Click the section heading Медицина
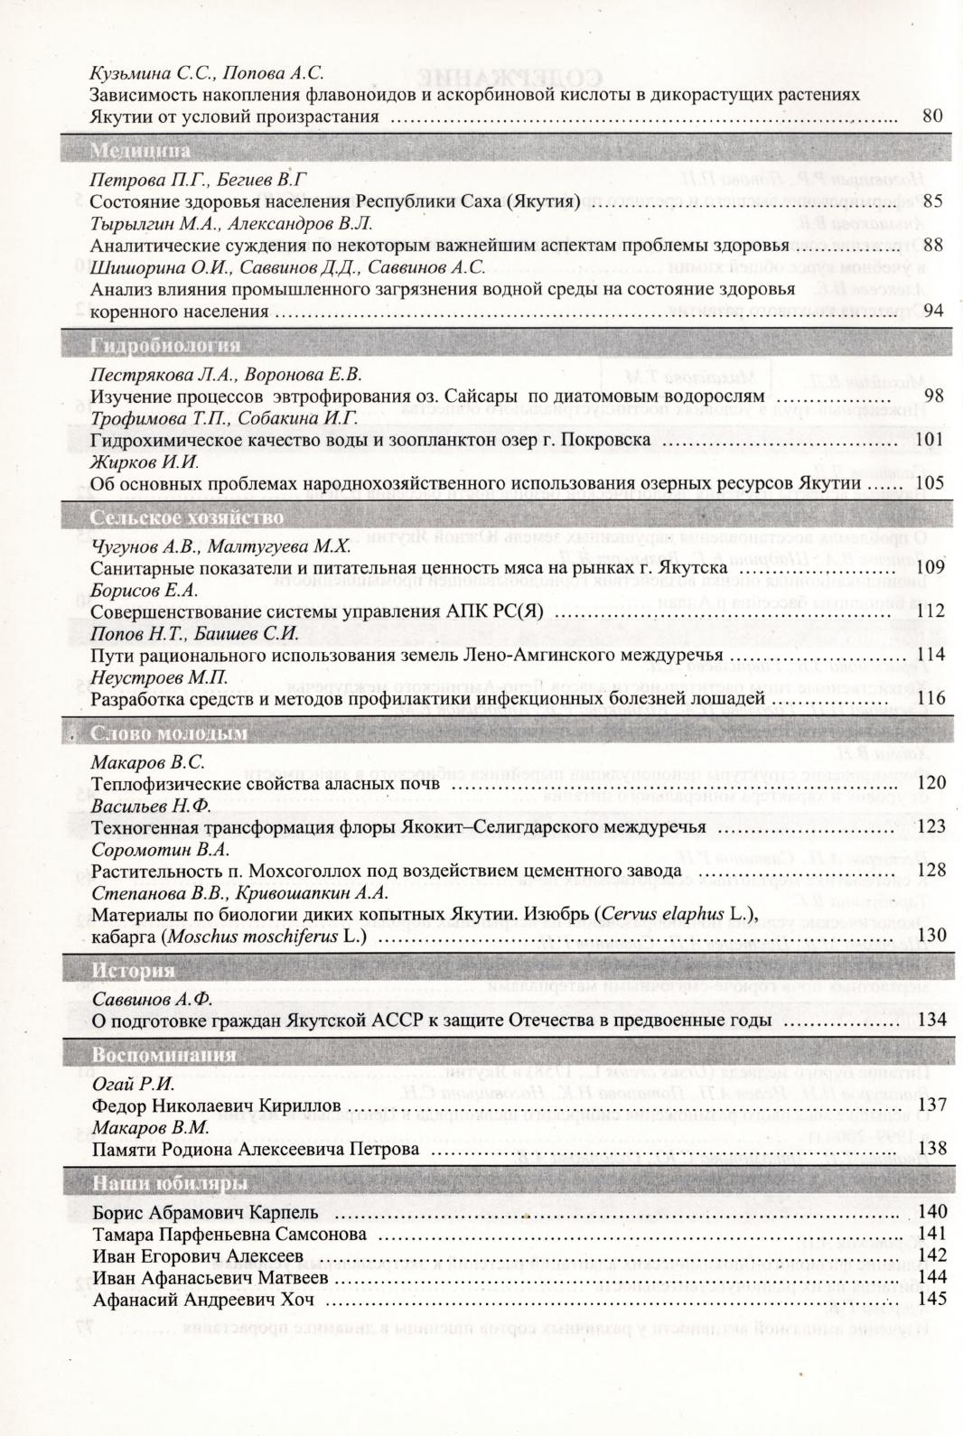(x=140, y=151)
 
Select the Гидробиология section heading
(x=165, y=345)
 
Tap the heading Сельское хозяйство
(x=187, y=518)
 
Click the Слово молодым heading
(x=169, y=734)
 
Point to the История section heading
(x=133, y=971)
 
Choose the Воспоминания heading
(x=164, y=1055)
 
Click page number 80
(x=933, y=116)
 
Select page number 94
(x=933, y=311)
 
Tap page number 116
(x=930, y=698)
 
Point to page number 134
(x=930, y=1020)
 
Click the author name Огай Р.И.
(x=133, y=1084)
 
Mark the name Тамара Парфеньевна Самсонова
(x=229, y=1234)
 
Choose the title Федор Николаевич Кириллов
(x=216, y=1105)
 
